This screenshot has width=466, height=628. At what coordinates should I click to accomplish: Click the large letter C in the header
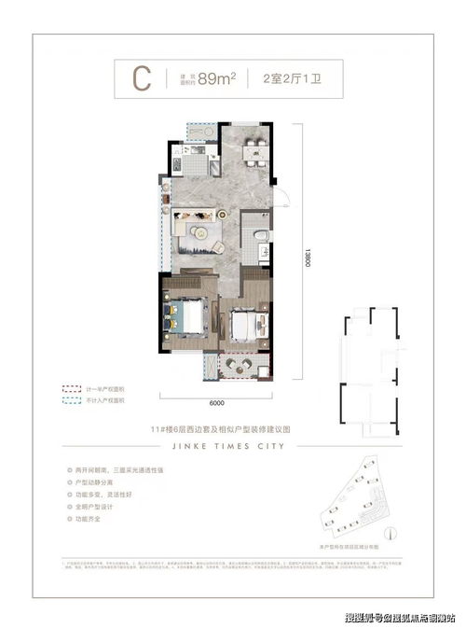[x=142, y=78]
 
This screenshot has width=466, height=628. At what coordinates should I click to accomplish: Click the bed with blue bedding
[x=186, y=314]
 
